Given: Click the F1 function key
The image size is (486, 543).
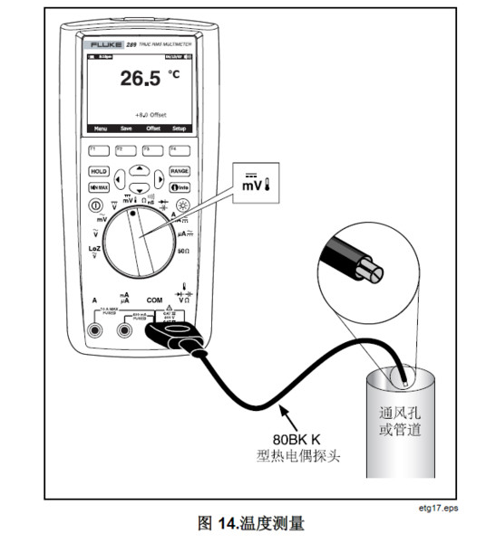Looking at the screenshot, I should (93, 148).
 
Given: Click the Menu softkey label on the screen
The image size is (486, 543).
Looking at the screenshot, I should (95, 129).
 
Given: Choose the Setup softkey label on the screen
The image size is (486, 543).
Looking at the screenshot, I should (179, 129).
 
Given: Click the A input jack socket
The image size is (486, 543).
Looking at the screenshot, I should (94, 331).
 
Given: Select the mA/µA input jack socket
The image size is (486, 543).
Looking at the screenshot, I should (125, 331).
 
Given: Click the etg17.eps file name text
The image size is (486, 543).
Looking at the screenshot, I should (442, 510).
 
